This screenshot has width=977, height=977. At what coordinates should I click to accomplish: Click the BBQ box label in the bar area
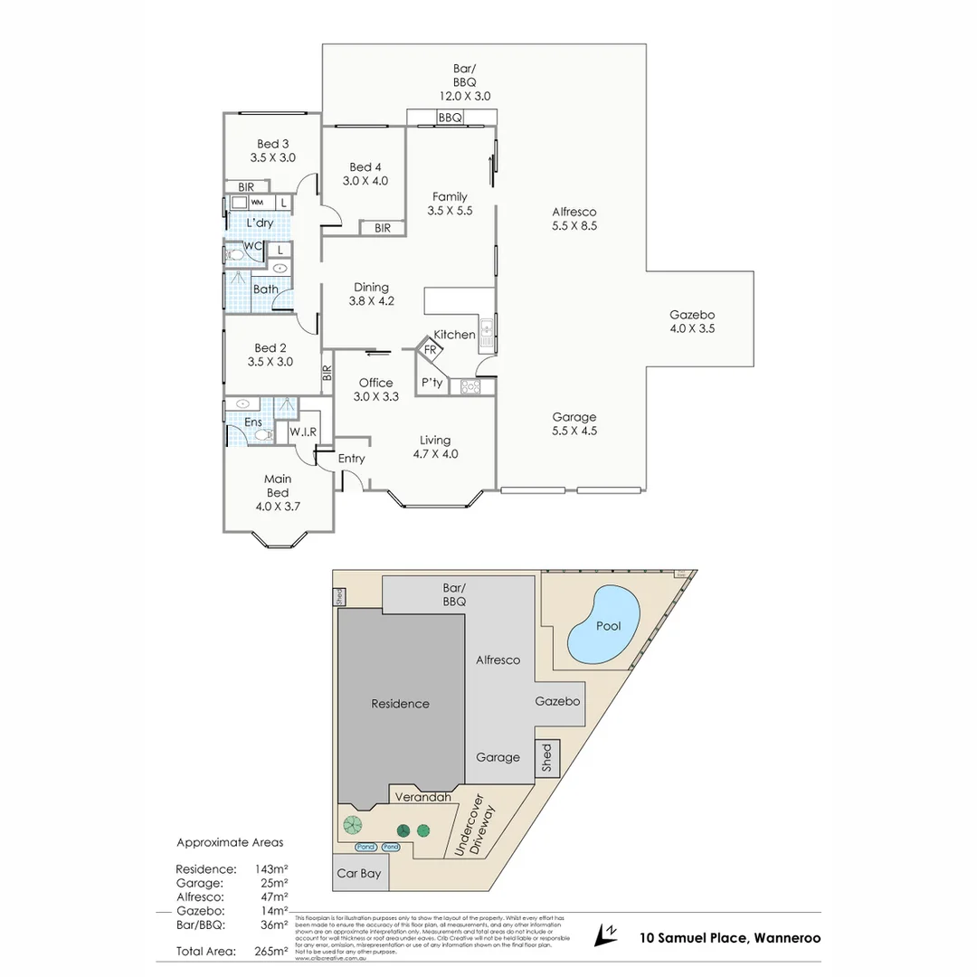451,118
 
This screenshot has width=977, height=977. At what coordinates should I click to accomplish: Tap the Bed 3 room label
272,144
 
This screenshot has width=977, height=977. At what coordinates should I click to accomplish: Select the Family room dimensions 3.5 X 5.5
450,211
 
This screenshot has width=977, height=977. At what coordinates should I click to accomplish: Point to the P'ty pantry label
432,383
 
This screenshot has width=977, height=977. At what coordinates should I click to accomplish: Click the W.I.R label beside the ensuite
303,432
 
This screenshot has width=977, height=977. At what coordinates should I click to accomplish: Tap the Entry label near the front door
351,459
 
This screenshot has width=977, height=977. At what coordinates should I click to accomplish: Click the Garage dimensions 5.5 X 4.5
574,431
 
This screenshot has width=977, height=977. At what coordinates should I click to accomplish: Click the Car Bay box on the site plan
358,874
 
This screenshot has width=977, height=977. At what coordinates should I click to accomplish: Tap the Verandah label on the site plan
422,797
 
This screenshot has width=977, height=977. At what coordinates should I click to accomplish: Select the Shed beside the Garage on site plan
546,757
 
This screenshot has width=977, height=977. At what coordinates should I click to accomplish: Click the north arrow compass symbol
605,934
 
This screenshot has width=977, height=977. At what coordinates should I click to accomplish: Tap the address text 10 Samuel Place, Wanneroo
730,938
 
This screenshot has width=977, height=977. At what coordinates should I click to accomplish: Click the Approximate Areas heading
230,842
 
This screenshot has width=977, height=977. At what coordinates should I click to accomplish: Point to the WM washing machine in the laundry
257,203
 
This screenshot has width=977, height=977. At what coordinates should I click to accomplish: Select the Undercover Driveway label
476,827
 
